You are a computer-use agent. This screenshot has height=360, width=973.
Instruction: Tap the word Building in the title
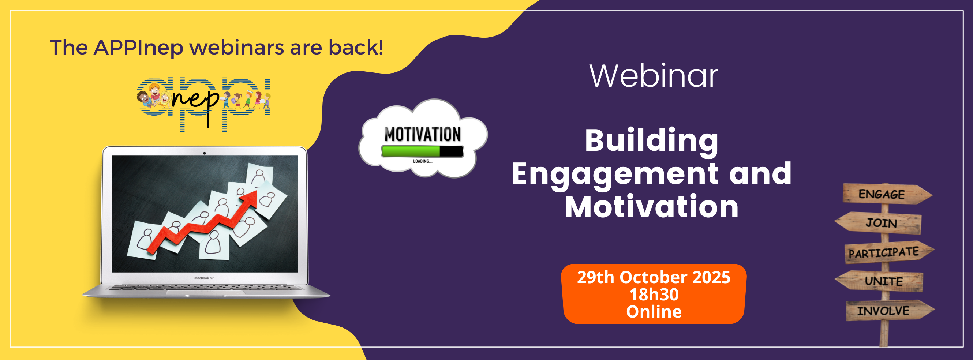652,142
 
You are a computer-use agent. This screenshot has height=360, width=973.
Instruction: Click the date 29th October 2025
654,277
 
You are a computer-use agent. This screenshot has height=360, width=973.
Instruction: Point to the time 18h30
654,295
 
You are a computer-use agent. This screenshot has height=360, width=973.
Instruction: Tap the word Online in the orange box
654,312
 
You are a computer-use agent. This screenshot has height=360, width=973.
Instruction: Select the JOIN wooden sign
878,223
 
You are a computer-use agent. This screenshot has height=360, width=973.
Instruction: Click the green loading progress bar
411,151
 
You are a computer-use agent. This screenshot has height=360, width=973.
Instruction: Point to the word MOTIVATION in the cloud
423,134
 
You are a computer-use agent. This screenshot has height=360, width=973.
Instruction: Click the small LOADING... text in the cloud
423,161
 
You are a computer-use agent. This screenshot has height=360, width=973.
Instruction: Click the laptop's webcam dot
204,153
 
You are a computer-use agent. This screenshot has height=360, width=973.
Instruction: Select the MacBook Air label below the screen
204,278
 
